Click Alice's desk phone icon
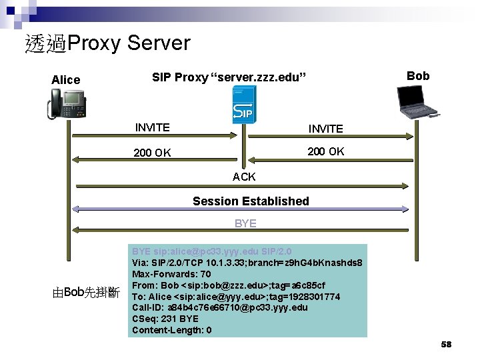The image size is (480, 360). [67, 104]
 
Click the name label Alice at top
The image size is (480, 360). [65, 80]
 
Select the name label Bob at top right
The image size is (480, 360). [418, 75]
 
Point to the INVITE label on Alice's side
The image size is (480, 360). [152, 127]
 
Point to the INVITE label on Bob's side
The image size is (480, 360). [325, 129]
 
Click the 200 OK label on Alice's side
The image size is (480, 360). [152, 153]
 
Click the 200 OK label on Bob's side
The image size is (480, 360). [325, 151]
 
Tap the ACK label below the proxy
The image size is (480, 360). [244, 177]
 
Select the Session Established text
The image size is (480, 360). [251, 201]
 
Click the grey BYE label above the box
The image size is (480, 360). [245, 223]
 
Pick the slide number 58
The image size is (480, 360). [446, 345]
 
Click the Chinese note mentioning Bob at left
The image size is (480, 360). [85, 292]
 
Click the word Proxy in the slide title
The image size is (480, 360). [94, 43]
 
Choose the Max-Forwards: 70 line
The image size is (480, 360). [171, 274]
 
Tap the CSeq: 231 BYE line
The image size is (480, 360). [165, 319]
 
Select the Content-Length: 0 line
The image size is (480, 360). [172, 330]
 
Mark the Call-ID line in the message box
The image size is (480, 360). [220, 307]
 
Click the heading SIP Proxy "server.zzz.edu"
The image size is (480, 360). [229, 77]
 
